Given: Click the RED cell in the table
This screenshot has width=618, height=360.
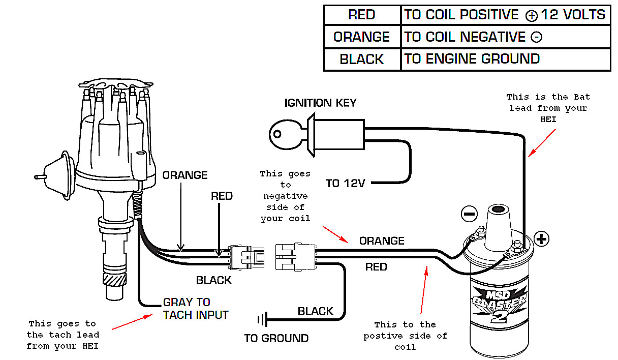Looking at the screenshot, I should coord(362,15).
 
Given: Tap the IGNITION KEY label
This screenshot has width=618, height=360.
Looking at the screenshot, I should coord(320,103).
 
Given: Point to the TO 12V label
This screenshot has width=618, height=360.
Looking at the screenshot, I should coord(346,184).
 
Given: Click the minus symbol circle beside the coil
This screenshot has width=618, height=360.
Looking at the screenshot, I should coord(469,214).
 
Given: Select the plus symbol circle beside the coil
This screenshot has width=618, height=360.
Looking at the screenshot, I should coord(542,238).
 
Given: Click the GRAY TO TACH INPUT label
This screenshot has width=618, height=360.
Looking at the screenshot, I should coord(195,309).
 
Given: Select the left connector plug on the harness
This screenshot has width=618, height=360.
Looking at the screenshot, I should coord(246,257).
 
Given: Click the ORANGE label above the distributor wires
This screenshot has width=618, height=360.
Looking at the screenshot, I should coord(185,175).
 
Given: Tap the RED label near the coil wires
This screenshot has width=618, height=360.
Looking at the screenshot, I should coord(376,267).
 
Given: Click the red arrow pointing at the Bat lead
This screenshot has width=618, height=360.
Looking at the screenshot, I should coord(542,142).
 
